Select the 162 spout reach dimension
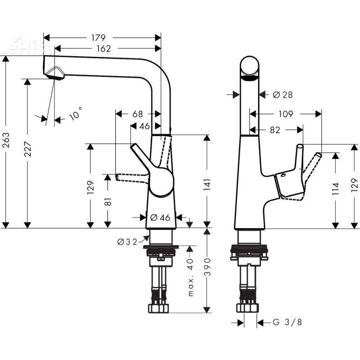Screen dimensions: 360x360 [x=103, y=49]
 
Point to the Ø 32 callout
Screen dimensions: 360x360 [x=128, y=242]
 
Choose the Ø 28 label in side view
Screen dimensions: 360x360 [x=283, y=94]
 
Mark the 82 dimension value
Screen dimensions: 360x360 [x=275, y=130]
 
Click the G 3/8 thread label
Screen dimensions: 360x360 [x=288, y=322]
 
